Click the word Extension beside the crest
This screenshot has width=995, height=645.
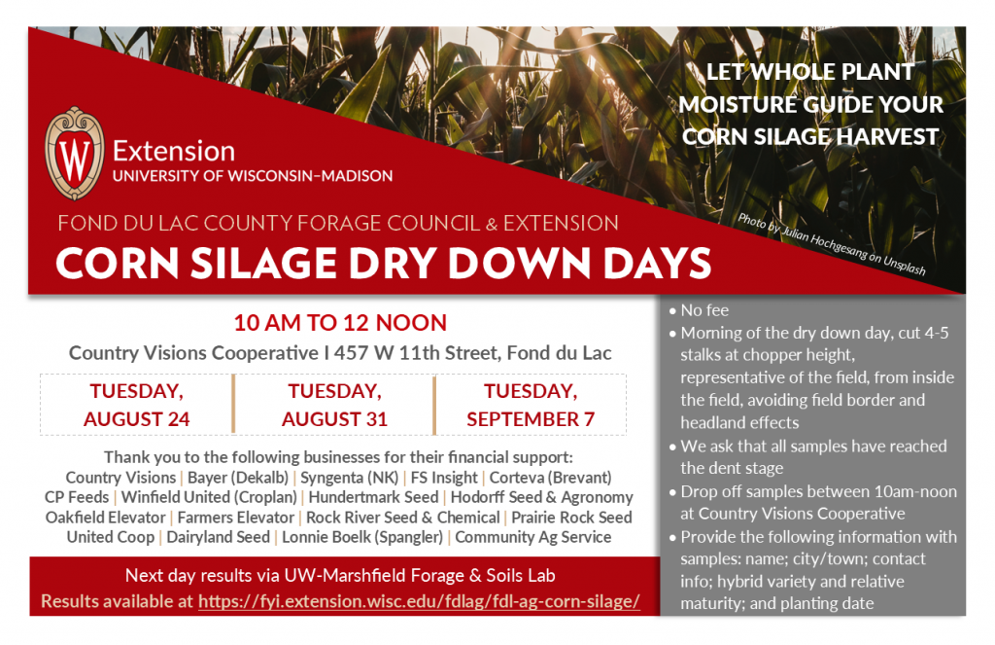(174, 152)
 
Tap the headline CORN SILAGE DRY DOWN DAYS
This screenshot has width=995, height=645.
(383, 264)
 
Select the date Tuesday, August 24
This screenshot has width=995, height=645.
(136, 405)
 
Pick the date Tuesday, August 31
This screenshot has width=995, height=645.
(334, 405)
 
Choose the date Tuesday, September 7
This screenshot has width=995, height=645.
(531, 405)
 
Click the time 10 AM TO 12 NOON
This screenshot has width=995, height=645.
(340, 323)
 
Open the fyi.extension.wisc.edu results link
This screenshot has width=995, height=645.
(419, 601)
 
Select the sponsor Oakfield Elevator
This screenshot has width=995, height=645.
(105, 518)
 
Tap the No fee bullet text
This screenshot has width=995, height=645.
(705, 311)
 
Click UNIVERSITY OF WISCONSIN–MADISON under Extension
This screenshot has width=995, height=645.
(253, 176)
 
